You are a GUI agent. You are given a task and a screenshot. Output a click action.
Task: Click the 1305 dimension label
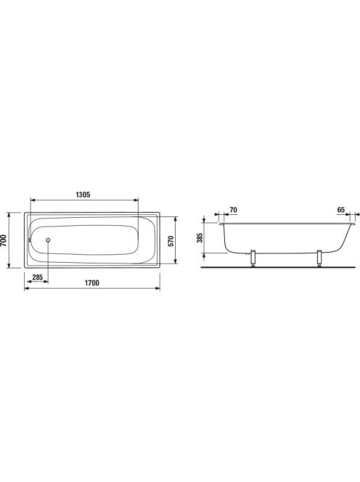[83, 195]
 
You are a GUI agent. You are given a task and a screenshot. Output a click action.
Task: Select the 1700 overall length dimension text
[92, 283]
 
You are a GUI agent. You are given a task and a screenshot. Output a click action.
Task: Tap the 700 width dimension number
[4, 240]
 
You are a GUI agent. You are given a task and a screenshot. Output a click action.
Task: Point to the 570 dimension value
[171, 241]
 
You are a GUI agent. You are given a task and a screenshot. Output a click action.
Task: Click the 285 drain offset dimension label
[38, 277]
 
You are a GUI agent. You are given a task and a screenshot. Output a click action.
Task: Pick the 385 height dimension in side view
[200, 237]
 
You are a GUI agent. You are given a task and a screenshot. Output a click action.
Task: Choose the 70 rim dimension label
[233, 210]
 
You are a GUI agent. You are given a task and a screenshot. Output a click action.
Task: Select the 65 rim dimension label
[341, 210]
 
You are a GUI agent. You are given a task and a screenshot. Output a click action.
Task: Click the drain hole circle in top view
[48, 240]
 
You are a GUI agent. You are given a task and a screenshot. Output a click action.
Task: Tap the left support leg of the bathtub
[253, 258]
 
